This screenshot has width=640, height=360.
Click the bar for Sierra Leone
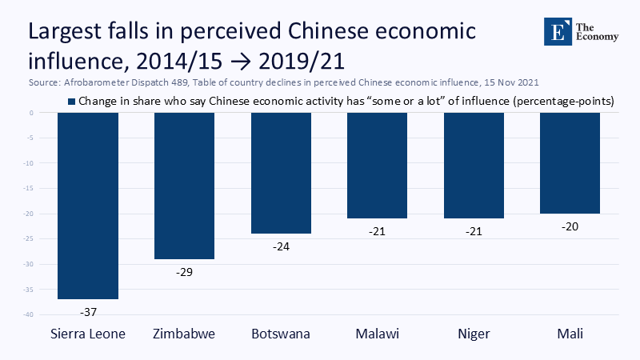point(88,206)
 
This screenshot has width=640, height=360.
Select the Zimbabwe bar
point(183,186)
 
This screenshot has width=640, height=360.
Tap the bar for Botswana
point(281,173)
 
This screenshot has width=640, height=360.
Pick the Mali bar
point(570,163)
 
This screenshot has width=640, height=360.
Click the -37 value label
point(88,310)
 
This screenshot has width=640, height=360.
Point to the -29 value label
point(183,271)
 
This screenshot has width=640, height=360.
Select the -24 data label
point(281,246)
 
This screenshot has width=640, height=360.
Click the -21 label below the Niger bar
point(474,230)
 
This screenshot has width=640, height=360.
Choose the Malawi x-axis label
point(377,334)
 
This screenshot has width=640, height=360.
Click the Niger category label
point(474,334)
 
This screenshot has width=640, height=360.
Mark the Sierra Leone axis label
point(88,334)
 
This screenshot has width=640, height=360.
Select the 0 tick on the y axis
point(30,113)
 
